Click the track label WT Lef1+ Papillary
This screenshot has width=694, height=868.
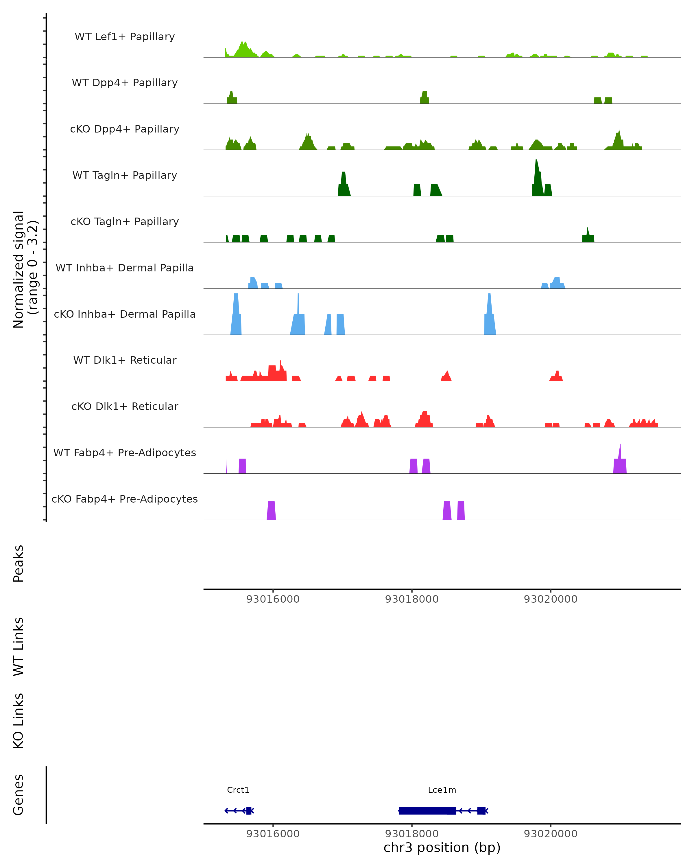pyautogui.click(x=125, y=37)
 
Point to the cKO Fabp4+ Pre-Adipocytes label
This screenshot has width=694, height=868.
pyautogui.click(x=125, y=499)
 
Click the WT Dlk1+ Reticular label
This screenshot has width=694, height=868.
pyautogui.click(x=125, y=360)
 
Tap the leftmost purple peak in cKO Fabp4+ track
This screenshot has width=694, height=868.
pyautogui.click(x=272, y=510)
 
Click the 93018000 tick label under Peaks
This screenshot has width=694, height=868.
pyautogui.click(x=411, y=599)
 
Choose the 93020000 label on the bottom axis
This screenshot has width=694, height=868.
pyautogui.click(x=550, y=834)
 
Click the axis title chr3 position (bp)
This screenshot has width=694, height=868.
pyautogui.click(x=442, y=848)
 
